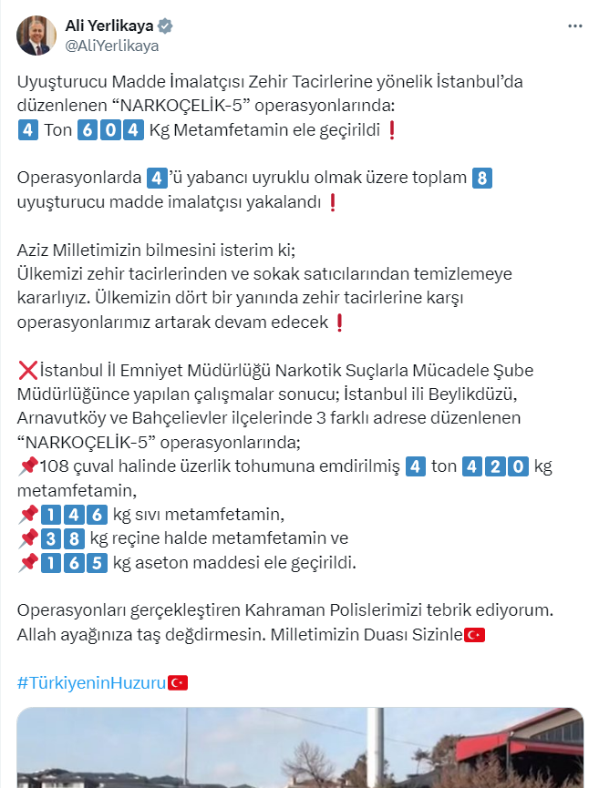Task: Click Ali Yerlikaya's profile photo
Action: click(36, 35)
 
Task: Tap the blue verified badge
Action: click(166, 26)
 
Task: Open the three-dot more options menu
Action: click(574, 26)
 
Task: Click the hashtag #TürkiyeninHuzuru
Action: click(92, 681)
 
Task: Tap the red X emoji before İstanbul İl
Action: click(27, 372)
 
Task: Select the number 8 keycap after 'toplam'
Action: click(482, 178)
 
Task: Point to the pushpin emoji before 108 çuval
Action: click(27, 467)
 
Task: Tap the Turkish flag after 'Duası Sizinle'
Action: click(474, 634)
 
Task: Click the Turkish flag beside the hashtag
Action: click(178, 681)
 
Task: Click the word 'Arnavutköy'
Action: click(58, 419)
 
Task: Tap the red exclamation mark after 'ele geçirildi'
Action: click(392, 130)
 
